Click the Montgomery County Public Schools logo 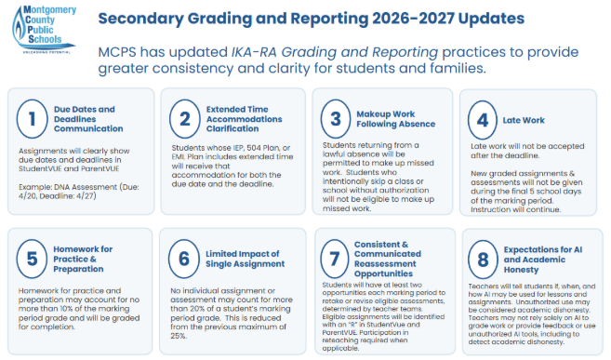click(x=44, y=29)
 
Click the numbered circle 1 click(x=32, y=119)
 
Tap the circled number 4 click(x=483, y=120)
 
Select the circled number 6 click(x=184, y=259)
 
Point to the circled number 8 click(x=483, y=260)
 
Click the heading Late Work click(x=524, y=120)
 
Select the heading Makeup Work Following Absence click(x=395, y=119)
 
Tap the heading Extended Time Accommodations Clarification click(x=244, y=119)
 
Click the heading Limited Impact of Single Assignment click(x=245, y=259)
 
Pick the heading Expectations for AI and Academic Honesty click(x=543, y=260)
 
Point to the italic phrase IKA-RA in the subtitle click(x=254, y=52)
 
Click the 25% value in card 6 click(x=179, y=336)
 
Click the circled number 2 click(x=185, y=119)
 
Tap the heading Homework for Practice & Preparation click(x=83, y=260)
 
